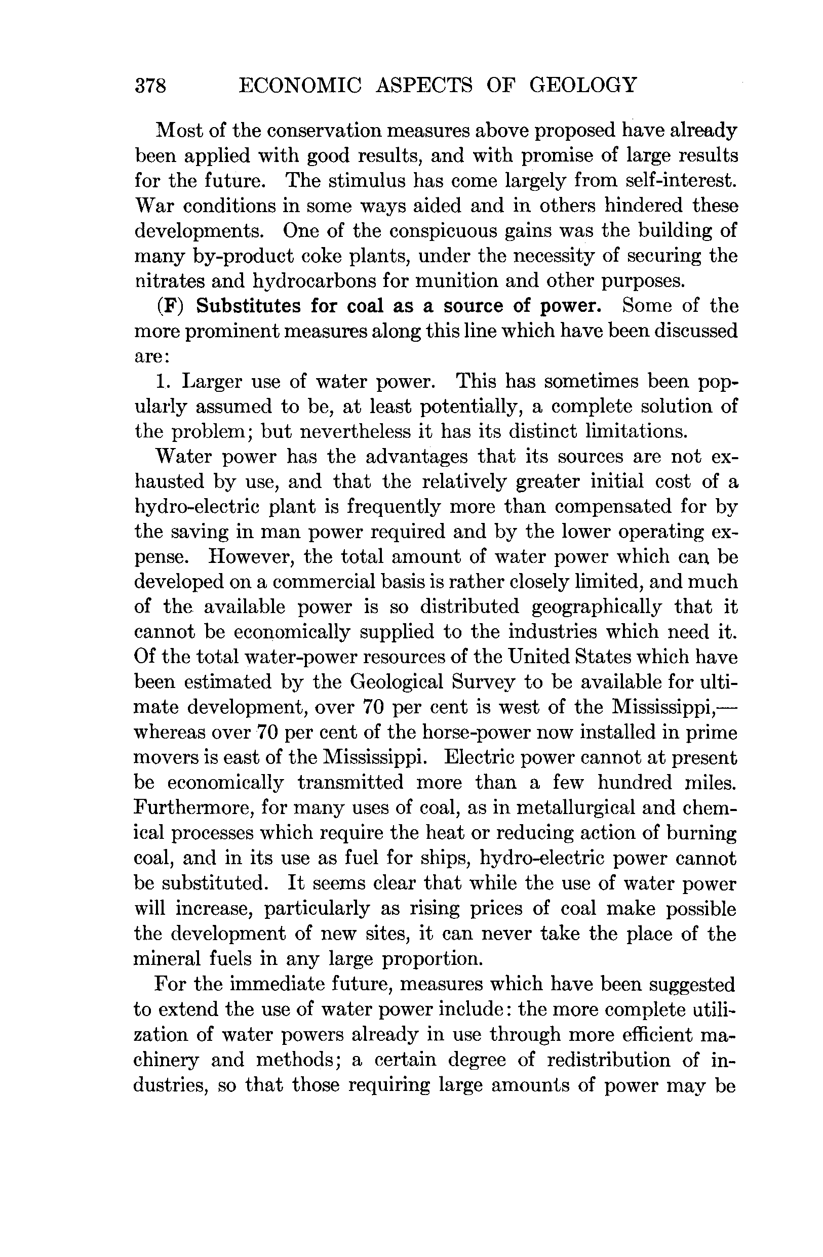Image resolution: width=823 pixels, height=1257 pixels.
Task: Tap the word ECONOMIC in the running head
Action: [300, 85]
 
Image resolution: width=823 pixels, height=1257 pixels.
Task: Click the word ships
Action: [451, 858]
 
